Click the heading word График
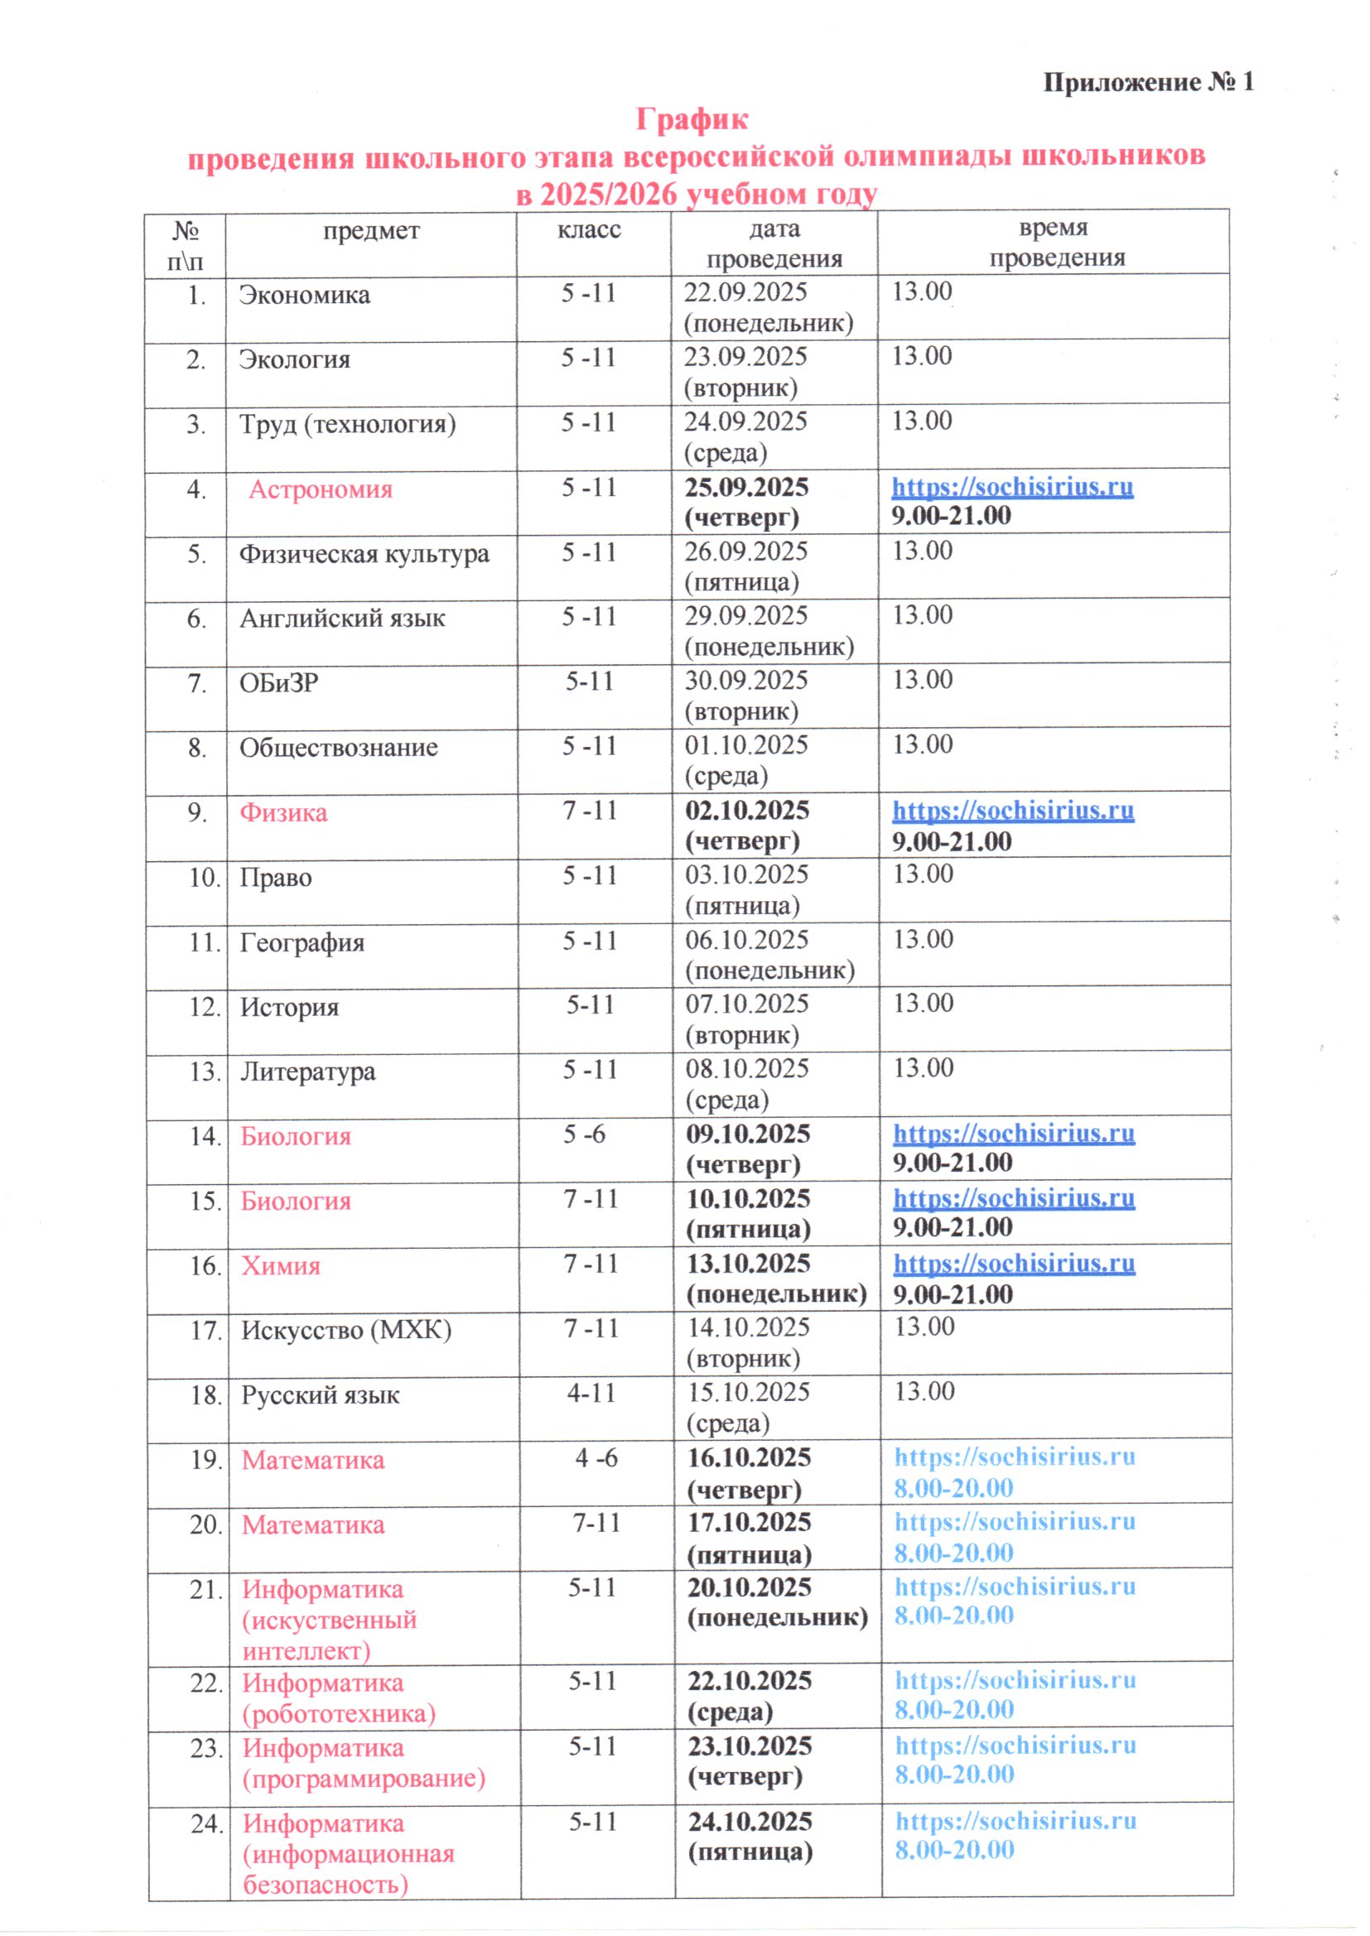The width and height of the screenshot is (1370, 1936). [691, 120]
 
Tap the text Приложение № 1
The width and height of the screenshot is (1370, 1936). [1148, 83]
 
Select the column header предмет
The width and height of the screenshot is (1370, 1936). [371, 231]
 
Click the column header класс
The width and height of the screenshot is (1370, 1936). [589, 230]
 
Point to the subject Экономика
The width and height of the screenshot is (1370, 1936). [305, 295]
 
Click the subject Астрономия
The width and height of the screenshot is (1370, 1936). [321, 490]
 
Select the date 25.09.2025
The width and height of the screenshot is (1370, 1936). [746, 488]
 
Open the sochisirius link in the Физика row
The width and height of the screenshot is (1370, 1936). [1013, 811]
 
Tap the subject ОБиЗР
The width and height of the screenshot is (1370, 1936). [279, 683]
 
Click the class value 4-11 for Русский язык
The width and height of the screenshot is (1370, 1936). [591, 1392]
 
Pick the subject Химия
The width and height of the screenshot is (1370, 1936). [281, 1266]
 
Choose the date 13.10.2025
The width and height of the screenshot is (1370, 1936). [749, 1264]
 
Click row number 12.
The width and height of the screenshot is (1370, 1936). [205, 1007]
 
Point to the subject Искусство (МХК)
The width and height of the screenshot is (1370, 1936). [347, 1331]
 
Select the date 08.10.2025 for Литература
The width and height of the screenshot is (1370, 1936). [747, 1069]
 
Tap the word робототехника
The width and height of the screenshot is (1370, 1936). [339, 1714]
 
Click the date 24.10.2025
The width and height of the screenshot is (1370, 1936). [750, 1823]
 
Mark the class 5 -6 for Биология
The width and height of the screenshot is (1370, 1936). [585, 1134]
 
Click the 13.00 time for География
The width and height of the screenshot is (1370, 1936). [923, 939]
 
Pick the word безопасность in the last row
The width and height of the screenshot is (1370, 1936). [326, 1885]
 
